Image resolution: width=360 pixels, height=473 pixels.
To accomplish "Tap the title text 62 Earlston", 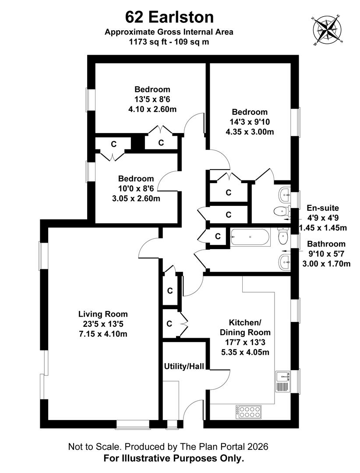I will pyautogui.click(x=169, y=17).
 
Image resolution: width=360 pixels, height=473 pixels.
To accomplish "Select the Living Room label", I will pyautogui.click(x=103, y=314).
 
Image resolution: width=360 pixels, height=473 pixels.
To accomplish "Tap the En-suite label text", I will pyautogui.click(x=322, y=208).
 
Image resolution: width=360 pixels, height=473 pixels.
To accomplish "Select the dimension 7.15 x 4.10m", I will pyautogui.click(x=103, y=334).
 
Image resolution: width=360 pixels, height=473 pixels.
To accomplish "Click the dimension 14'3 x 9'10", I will pyautogui.click(x=250, y=122).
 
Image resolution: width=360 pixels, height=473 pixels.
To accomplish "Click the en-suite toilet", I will pyautogui.click(x=279, y=212).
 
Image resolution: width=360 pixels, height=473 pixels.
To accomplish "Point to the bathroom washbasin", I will pyautogui.click(x=284, y=263).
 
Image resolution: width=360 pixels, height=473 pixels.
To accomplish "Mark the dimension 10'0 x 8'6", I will pyautogui.click(x=136, y=188).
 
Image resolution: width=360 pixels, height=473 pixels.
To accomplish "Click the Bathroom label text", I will pyautogui.click(x=326, y=244).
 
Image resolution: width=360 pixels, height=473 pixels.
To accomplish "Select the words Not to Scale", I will pyautogui.click(x=95, y=447).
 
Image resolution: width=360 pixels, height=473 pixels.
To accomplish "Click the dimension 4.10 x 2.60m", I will pyautogui.click(x=152, y=109).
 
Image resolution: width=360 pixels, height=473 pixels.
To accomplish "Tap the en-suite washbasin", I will pyautogui.click(x=285, y=193).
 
